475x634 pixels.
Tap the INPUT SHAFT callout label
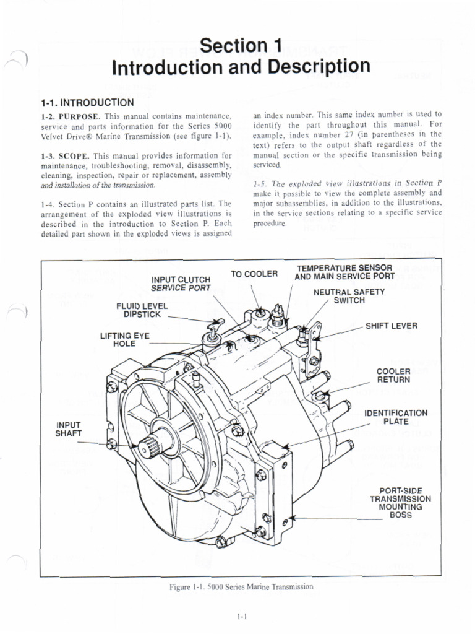tap(69, 428)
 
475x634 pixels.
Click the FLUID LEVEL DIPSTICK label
tap(142, 310)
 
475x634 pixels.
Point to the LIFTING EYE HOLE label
tap(124, 340)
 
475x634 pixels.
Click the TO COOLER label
tap(255, 274)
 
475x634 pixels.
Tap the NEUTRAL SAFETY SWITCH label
tap(349, 296)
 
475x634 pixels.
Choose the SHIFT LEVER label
tap(391, 326)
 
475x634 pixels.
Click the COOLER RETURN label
tap(393, 375)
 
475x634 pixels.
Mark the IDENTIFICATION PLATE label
tap(396, 417)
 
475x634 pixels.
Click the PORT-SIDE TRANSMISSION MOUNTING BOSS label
tap(400, 502)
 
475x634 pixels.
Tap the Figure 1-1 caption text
tap(241, 586)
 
